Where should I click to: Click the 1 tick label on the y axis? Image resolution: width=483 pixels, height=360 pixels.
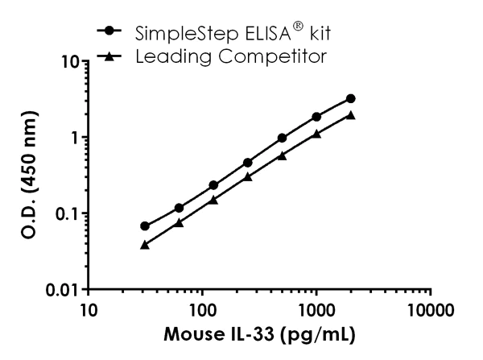tap(74, 137)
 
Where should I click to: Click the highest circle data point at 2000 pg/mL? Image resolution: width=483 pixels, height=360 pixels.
tap(351, 98)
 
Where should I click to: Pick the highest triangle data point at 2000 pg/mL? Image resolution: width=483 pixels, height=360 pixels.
tap(351, 114)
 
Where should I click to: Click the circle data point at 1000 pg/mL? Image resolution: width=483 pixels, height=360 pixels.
tap(316, 117)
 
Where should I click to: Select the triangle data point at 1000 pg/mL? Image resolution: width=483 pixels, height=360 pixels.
tap(316, 134)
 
